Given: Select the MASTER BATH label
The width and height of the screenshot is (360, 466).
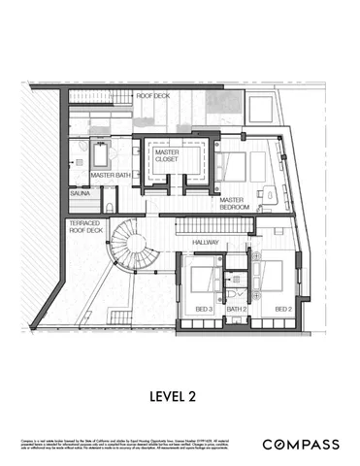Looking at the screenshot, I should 111,176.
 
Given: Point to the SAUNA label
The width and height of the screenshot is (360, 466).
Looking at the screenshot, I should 81,195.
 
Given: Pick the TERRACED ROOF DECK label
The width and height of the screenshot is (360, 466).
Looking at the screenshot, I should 85,229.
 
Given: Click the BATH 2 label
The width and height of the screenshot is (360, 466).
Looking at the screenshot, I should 237,309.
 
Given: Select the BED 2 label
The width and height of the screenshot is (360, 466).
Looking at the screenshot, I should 281,309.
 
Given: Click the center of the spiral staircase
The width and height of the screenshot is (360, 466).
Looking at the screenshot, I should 130,245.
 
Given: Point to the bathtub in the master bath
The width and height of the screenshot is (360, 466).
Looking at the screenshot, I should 101,155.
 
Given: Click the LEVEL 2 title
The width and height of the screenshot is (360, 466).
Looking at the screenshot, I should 180,395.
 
